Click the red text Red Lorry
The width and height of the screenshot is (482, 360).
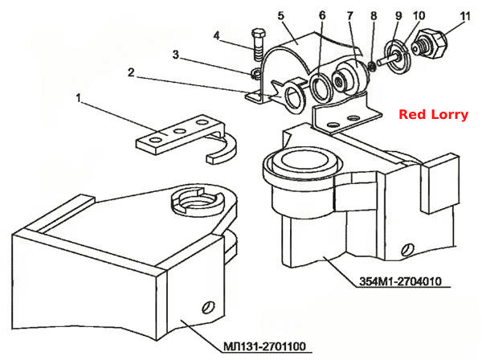pos(434,115)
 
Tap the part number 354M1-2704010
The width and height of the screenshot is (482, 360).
pos(401,281)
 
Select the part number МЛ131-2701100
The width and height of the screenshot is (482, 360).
pos(264,346)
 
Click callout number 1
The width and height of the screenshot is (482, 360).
pos(79,98)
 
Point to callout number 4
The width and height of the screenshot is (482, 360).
pos(217,36)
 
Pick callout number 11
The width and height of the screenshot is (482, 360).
pos(466,16)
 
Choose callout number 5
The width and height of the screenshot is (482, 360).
pos(281,16)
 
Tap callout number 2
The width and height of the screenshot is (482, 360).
pos(131,72)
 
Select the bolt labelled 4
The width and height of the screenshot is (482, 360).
pos(259,45)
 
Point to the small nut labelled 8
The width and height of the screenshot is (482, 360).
pos(372,66)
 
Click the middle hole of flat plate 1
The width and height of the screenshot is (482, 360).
pos(179,132)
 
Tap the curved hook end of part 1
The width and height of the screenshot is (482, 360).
pos(226,149)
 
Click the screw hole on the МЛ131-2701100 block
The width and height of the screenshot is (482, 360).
pos(208,307)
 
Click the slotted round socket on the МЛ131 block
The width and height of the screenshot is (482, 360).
pos(196,200)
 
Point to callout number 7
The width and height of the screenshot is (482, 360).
pos(350,16)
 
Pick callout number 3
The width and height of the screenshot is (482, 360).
pos(175,55)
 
